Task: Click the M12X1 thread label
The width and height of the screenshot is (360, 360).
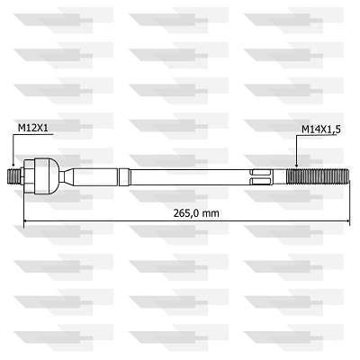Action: pyautogui.click(x=32, y=128)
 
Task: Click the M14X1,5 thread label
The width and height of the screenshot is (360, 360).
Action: pyautogui.click(x=321, y=130)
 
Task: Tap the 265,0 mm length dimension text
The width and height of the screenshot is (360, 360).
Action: pyautogui.click(x=196, y=213)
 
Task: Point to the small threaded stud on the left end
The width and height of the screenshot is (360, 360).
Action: pyautogui.click(x=14, y=176)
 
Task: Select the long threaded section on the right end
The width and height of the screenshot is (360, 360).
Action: pyautogui.click(x=318, y=176)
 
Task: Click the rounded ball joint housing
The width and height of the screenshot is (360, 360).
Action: pyautogui.click(x=48, y=176)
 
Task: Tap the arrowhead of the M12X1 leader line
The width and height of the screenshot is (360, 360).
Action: pyautogui.click(x=13, y=165)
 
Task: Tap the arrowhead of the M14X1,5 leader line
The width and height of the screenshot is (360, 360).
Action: pyautogui.click(x=296, y=165)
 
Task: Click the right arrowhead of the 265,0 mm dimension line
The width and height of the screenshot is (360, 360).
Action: pyautogui.click(x=347, y=221)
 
